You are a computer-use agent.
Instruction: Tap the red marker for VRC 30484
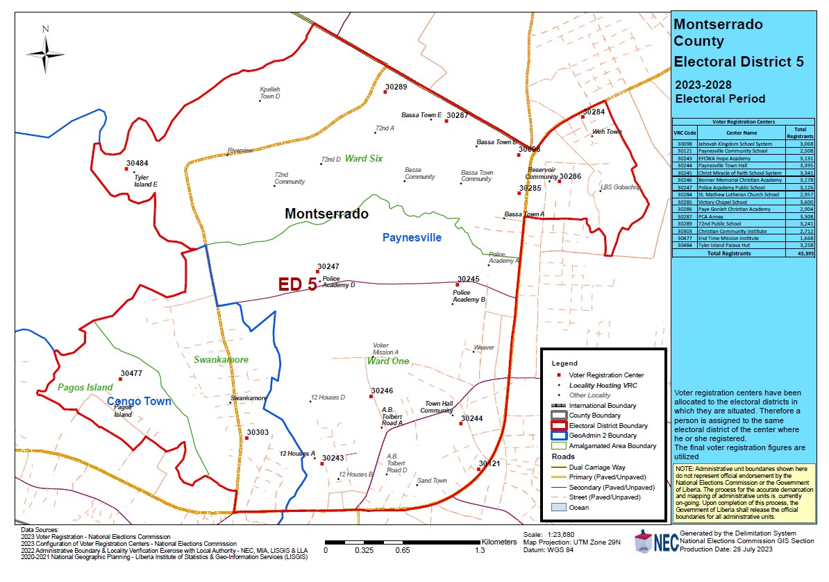click(126, 169)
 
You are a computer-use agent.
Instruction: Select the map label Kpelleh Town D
click(269, 93)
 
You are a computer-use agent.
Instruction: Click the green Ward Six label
click(364, 159)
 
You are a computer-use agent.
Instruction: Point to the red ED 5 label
click(297, 284)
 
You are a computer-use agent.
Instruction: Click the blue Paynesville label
click(412, 238)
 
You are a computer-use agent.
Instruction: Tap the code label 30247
click(328, 266)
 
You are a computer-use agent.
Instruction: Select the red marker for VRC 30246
click(371, 397)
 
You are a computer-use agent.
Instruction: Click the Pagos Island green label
click(85, 387)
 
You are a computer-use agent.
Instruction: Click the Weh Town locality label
click(607, 131)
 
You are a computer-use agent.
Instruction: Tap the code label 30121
click(489, 463)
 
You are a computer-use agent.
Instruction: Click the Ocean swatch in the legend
click(559, 507)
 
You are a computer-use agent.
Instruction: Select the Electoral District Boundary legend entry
click(608, 425)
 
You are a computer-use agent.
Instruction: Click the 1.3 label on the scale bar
click(480, 551)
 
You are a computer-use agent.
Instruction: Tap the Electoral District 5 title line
click(739, 61)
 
